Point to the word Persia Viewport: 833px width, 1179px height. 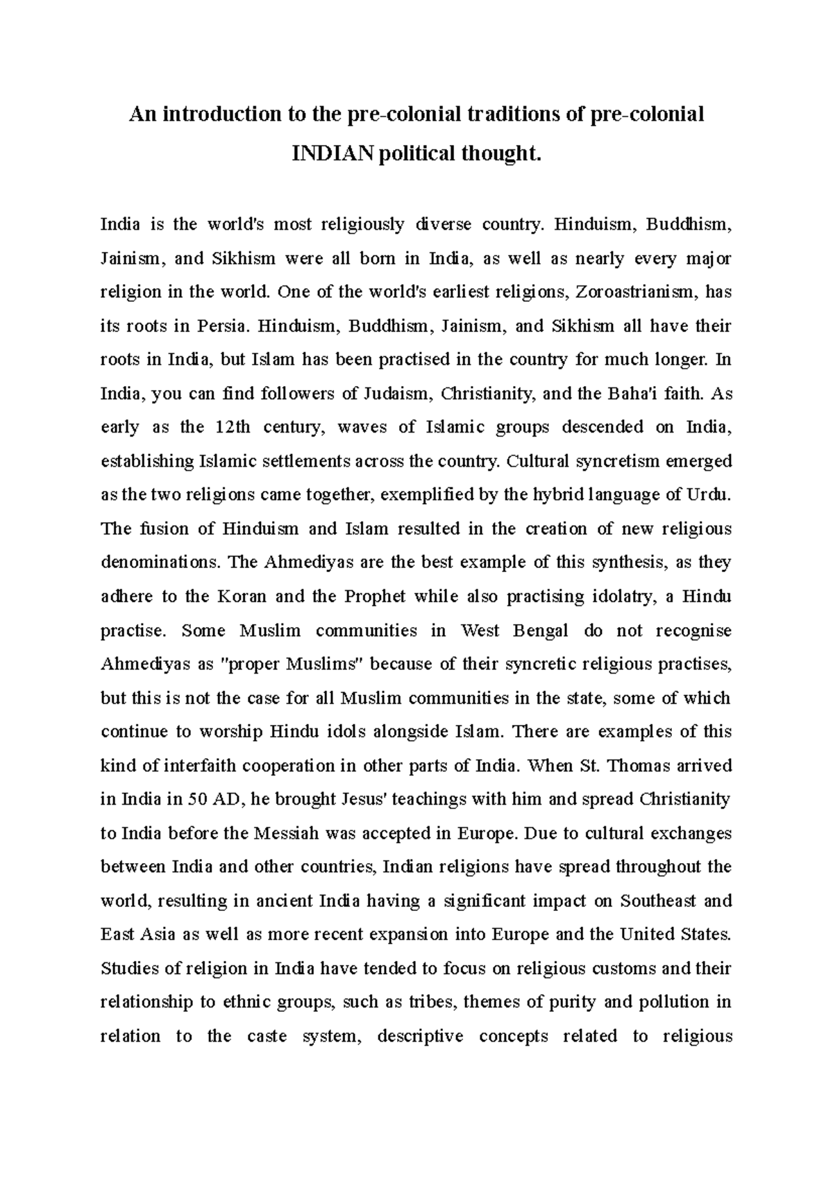(221, 326)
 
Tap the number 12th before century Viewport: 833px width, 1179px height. (233, 427)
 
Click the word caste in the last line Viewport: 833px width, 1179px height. (267, 1037)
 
